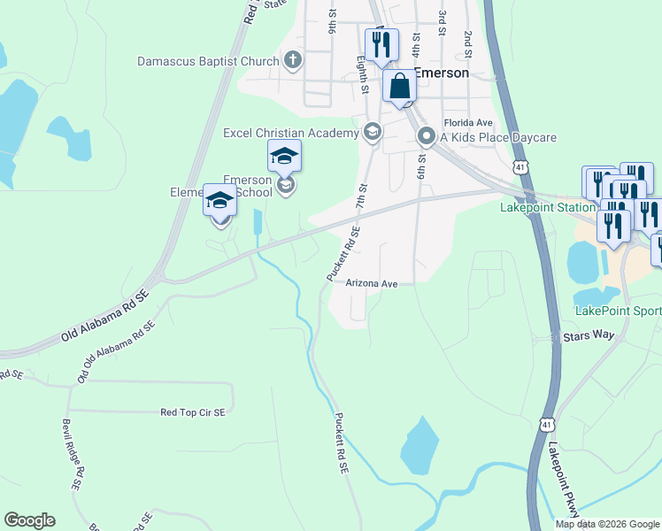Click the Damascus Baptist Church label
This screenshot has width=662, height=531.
(x=208, y=62)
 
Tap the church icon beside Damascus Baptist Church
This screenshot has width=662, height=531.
(x=294, y=61)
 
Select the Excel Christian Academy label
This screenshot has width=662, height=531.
(x=290, y=133)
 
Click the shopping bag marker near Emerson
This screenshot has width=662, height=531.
(x=399, y=87)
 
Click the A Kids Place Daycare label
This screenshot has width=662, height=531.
(x=498, y=137)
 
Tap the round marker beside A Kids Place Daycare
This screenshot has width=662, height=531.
(x=426, y=137)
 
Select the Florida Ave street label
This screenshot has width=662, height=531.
(x=467, y=122)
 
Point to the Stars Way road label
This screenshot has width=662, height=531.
(x=588, y=336)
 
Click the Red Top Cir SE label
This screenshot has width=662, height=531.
(x=192, y=412)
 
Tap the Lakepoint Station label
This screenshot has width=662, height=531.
(x=547, y=208)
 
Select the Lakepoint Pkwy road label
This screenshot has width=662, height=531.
(x=564, y=479)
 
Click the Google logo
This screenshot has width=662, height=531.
(x=29, y=520)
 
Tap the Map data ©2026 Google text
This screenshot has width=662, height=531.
(x=606, y=524)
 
